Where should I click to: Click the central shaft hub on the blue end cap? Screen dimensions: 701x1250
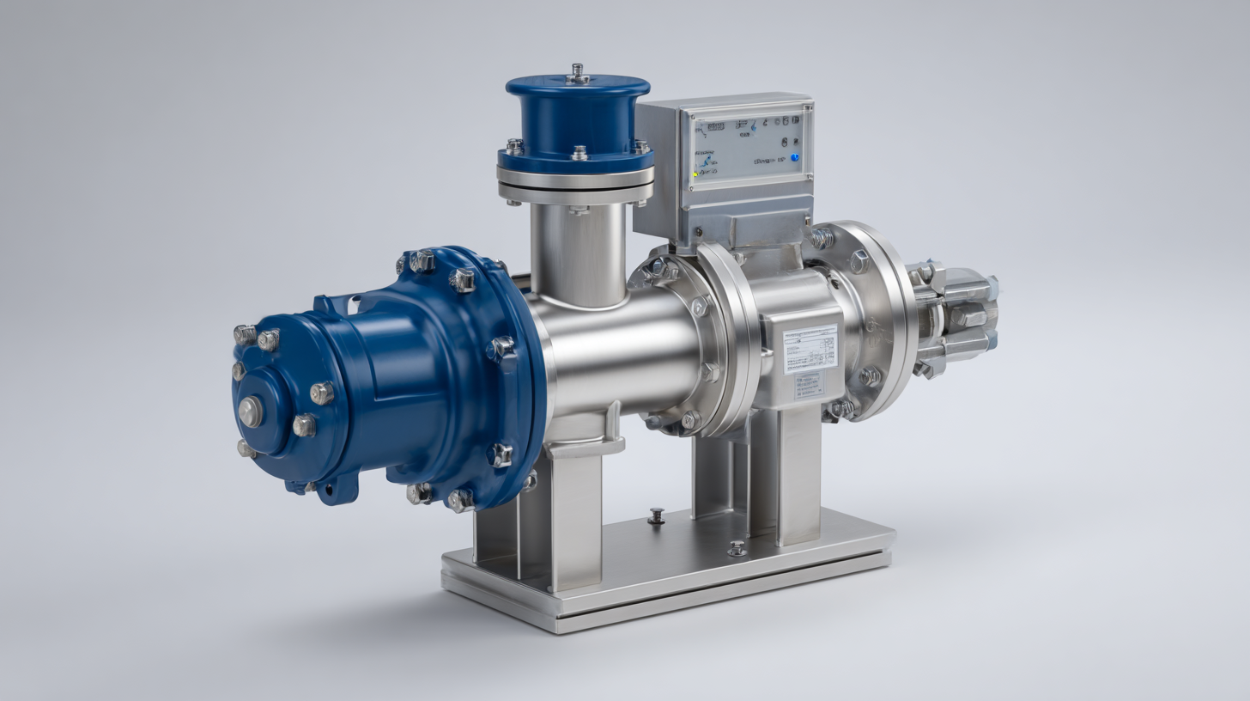click(251, 411)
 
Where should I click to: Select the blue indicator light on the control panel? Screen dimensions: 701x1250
click(794, 158)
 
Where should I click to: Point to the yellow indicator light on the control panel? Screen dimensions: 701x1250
click(695, 174)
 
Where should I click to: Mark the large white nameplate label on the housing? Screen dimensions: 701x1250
click(810, 349)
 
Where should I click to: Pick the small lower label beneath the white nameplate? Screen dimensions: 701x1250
click(808, 385)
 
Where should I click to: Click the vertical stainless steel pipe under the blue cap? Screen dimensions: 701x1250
click(578, 253)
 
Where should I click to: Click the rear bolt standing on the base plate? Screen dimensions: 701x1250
click(657, 515)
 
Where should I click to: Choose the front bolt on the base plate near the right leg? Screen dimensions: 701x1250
click(737, 547)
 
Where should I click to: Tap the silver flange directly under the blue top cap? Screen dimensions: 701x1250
click(575, 180)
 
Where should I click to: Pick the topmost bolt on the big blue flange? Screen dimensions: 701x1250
click(422, 260)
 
